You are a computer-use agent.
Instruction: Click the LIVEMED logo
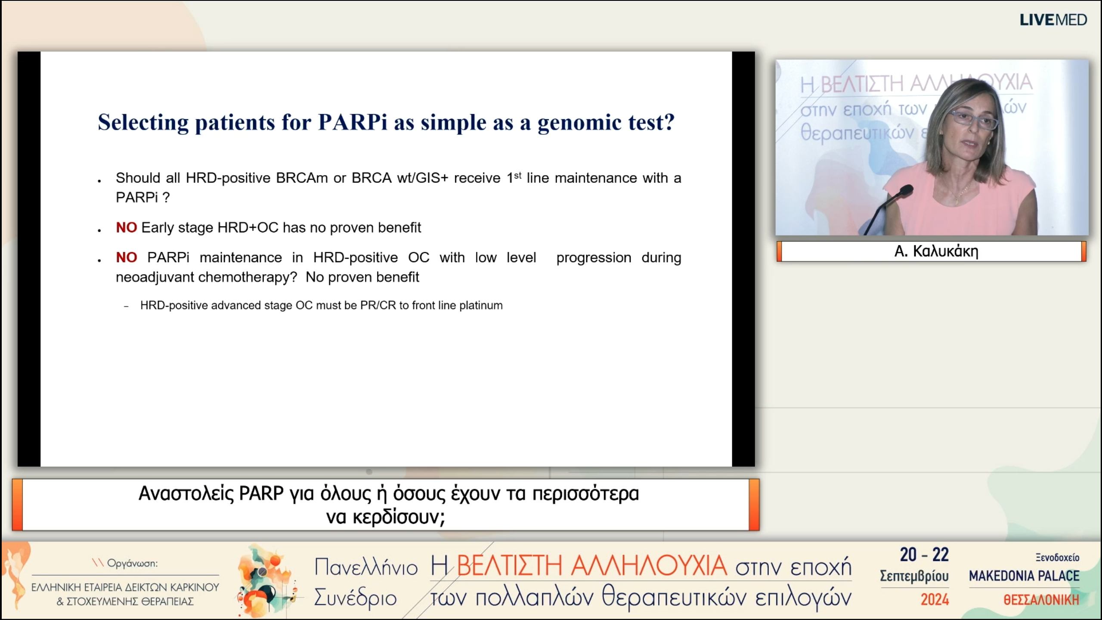click(x=1053, y=20)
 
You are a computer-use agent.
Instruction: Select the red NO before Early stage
click(x=126, y=227)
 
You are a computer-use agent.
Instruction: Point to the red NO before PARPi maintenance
click(x=126, y=257)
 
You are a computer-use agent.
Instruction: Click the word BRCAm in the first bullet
click(x=302, y=178)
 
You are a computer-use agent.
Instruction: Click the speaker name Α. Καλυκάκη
click(x=936, y=251)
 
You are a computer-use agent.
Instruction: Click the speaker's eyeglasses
click(x=974, y=119)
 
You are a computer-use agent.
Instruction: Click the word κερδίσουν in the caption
click(x=396, y=517)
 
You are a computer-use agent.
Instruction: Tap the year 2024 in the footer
click(x=935, y=599)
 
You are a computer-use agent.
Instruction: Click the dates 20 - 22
click(x=924, y=555)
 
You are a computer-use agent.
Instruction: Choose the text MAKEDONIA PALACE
click(x=1024, y=576)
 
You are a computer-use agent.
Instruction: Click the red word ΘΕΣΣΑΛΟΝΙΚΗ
click(x=1041, y=599)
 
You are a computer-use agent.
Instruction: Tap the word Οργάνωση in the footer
click(x=132, y=563)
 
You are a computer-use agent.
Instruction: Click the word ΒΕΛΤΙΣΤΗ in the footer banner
click(x=509, y=565)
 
